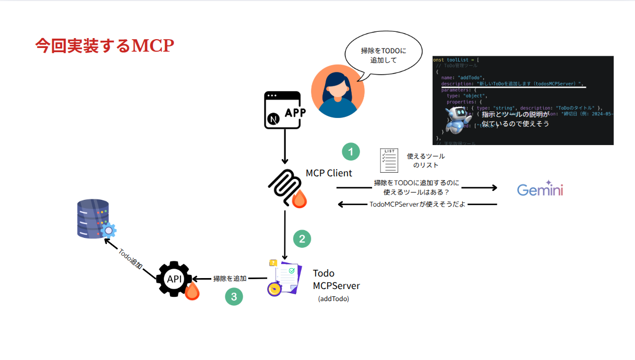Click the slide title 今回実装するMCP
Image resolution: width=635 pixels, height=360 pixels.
tap(104, 46)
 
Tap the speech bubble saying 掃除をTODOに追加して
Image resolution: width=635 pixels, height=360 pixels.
tap(384, 55)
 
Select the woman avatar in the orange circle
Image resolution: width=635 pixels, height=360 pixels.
tap(338, 91)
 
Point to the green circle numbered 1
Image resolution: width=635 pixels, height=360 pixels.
tap(351, 152)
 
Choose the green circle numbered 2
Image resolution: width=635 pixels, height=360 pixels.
tap(302, 238)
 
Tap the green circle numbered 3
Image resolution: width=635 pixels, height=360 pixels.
tap(234, 297)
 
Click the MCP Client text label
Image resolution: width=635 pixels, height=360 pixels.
tap(329, 173)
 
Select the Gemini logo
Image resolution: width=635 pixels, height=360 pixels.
tap(540, 189)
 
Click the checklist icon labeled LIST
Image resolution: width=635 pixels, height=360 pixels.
tap(389, 160)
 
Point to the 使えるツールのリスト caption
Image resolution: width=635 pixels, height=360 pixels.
tap(426, 161)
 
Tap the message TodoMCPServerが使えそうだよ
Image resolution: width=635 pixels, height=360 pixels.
tap(417, 204)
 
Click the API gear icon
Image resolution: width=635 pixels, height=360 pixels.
tap(174, 279)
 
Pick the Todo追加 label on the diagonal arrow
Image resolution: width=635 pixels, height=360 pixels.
tap(130, 258)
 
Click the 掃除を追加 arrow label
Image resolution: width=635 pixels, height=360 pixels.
tap(230, 279)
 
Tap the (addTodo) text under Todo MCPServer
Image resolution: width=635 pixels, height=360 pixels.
tap(333, 299)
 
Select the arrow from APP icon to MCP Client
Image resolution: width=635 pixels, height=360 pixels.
tap(285, 146)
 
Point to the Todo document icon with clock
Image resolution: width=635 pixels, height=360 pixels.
tap(284, 278)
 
